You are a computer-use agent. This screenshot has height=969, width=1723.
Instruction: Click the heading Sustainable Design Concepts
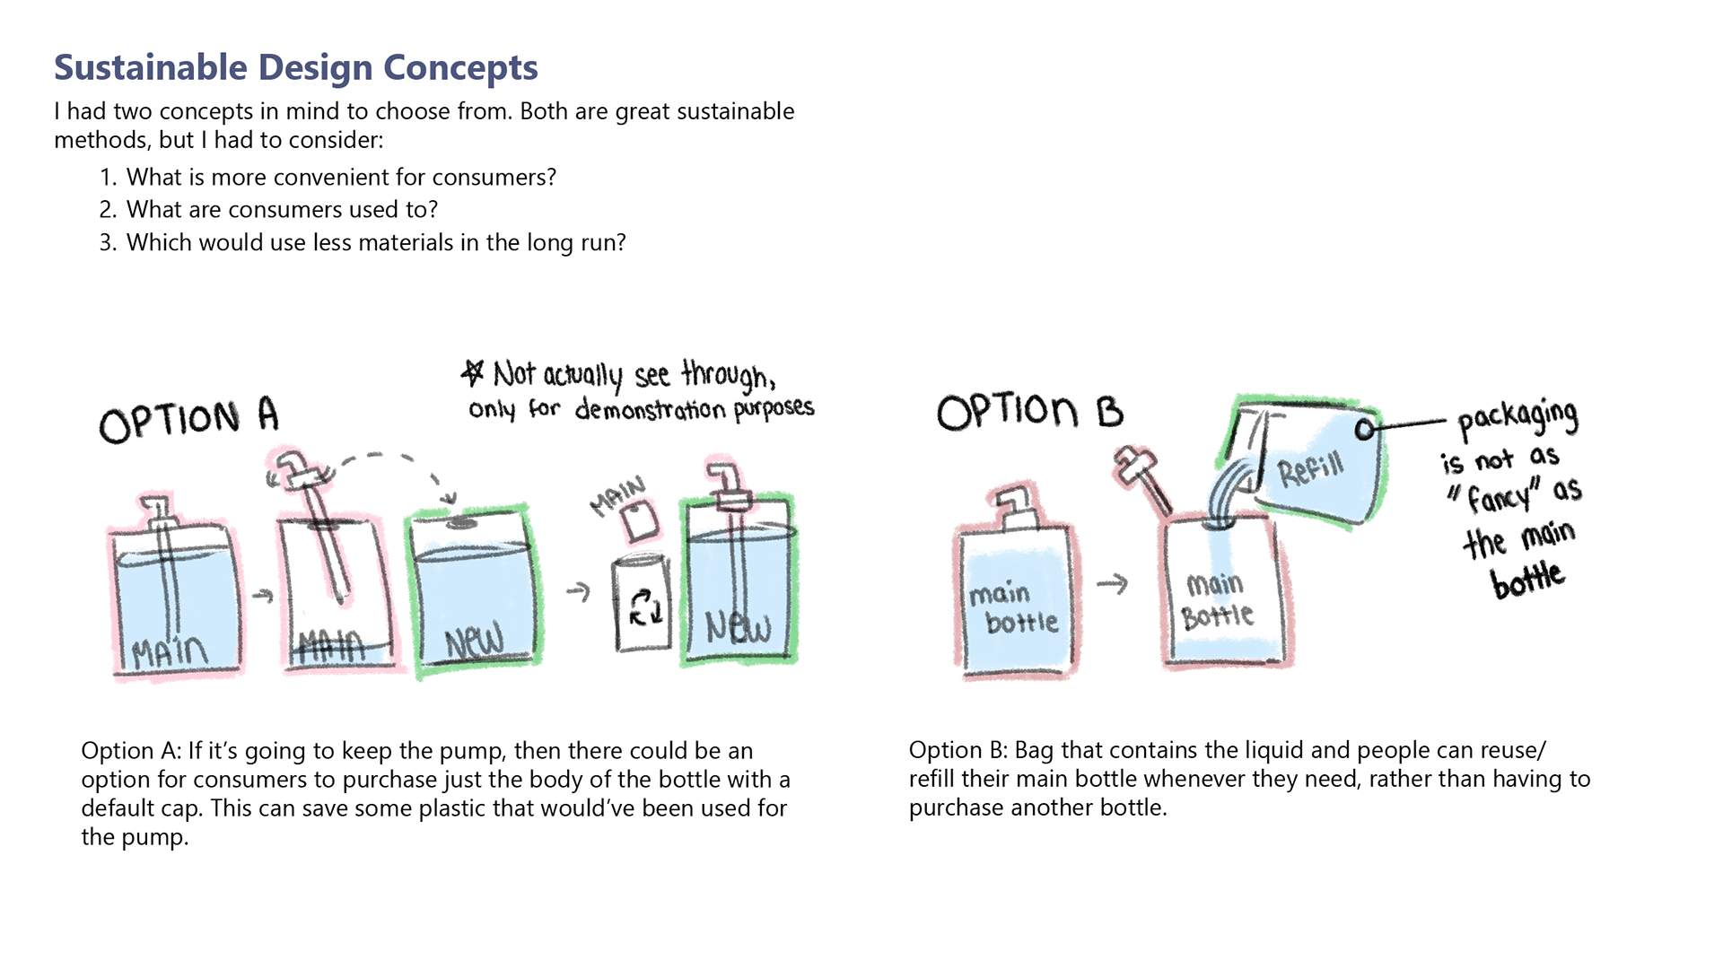pyautogui.click(x=296, y=68)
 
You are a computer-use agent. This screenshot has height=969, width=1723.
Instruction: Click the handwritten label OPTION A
pyautogui.click(x=188, y=420)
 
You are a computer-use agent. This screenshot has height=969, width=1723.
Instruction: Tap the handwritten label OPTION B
pyautogui.click(x=1029, y=412)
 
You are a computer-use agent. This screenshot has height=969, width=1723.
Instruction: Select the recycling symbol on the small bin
pyautogui.click(x=644, y=607)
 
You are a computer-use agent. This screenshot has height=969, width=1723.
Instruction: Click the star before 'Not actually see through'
pyautogui.click(x=473, y=372)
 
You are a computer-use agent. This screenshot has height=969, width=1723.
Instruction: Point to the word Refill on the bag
pyautogui.click(x=1311, y=468)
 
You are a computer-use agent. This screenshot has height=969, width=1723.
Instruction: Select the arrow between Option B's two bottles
pyautogui.click(x=1113, y=584)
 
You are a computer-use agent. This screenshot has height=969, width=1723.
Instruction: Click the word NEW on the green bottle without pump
pyautogui.click(x=474, y=642)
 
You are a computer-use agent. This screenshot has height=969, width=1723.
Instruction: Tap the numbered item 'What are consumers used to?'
pyautogui.click(x=282, y=210)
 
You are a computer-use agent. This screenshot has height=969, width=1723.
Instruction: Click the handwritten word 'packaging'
pyautogui.click(x=1517, y=417)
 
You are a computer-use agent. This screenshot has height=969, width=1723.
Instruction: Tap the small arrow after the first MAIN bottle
pyautogui.click(x=262, y=595)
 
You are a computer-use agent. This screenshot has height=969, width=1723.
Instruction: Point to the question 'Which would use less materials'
pyautogui.click(x=376, y=243)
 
